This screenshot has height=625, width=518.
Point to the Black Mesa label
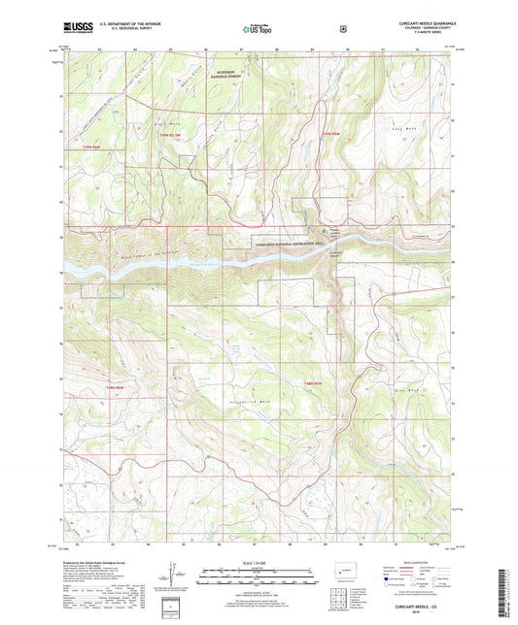161,125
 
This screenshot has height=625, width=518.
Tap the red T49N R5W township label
332,132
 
